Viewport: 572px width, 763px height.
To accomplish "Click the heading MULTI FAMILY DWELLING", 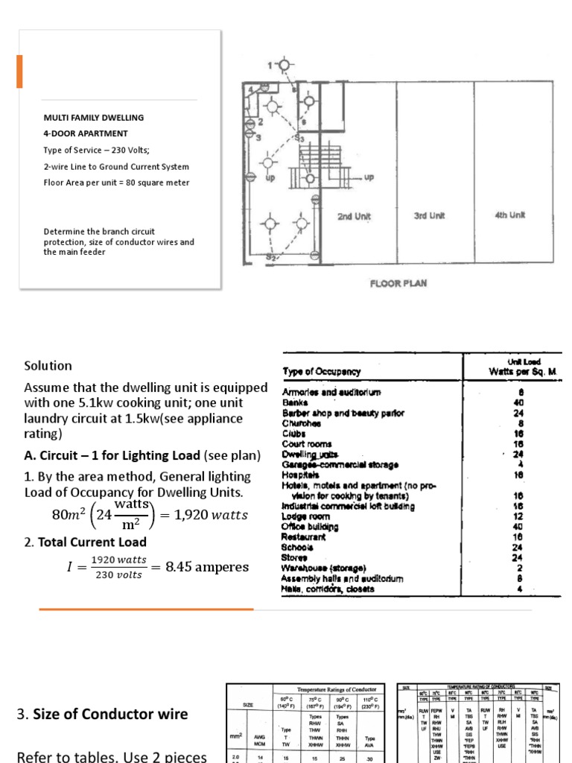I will pos(93,118).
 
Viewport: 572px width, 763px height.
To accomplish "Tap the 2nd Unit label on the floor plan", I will pos(355,217).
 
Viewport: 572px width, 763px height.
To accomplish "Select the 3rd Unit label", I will pos(429,217).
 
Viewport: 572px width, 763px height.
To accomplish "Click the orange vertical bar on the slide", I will pos(19,72).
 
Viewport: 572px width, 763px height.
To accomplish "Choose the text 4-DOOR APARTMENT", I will pos(85,134).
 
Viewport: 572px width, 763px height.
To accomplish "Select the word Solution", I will pos(48,366).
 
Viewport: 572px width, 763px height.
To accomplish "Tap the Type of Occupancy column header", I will pos(321,371).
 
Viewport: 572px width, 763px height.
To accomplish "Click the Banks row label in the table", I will pos(296,402).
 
